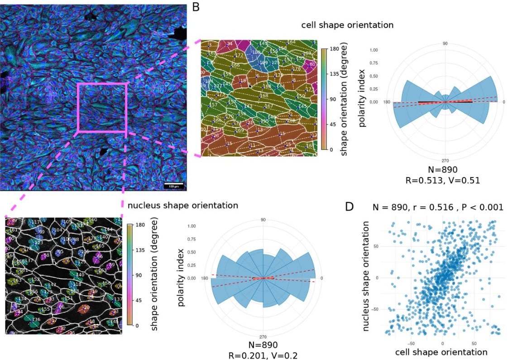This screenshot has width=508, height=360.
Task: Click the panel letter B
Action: (196, 7)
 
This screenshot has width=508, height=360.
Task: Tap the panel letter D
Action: (350, 207)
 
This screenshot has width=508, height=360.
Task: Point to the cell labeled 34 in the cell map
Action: (230, 44)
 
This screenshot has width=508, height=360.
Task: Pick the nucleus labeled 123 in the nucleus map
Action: (39, 243)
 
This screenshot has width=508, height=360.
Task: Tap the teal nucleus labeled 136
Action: (36, 320)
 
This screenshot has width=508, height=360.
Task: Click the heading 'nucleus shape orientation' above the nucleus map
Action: (183, 205)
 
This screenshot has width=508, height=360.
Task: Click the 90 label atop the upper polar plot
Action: (445, 43)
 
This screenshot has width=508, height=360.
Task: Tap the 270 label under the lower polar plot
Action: (263, 337)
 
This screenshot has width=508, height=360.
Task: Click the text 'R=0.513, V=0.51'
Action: (446, 180)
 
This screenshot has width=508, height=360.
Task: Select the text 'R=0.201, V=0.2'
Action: (263, 355)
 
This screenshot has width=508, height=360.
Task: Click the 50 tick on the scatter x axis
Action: (474, 343)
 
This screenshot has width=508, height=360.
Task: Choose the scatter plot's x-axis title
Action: (441, 352)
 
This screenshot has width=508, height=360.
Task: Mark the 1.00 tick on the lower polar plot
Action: (192, 226)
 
